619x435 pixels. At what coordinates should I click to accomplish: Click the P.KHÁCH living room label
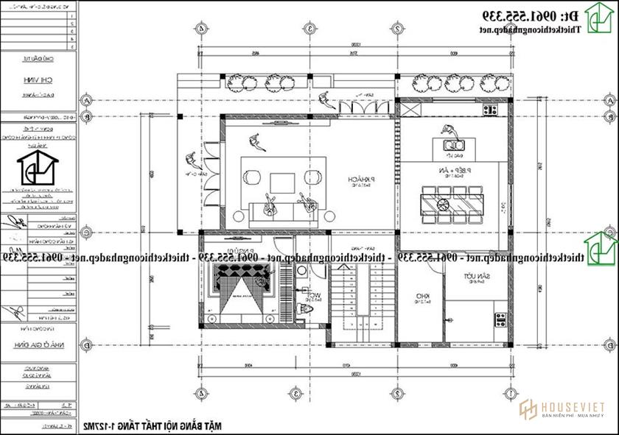[361, 180]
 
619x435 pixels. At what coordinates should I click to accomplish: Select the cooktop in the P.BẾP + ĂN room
[489, 110]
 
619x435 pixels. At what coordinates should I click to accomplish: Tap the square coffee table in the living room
[281, 180]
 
